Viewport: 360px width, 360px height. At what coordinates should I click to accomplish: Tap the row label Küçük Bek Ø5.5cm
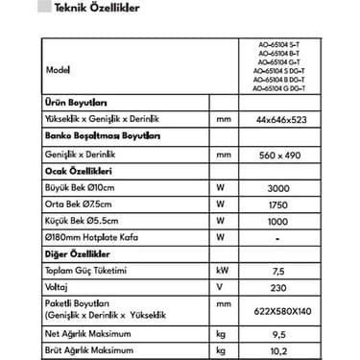pos(86,221)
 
